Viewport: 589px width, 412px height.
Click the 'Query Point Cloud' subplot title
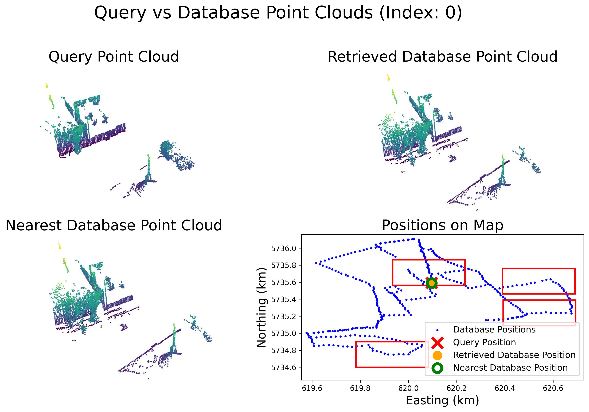pyautogui.click(x=114, y=57)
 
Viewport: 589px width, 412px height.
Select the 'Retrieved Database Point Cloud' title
pyautogui.click(x=443, y=57)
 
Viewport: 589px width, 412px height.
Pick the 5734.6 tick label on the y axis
pyautogui.click(x=283, y=368)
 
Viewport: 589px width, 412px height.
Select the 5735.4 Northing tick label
pyautogui.click(x=283, y=299)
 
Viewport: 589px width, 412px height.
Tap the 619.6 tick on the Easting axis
pyautogui.click(x=312, y=388)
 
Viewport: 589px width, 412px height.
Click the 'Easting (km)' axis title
pyautogui.click(x=443, y=401)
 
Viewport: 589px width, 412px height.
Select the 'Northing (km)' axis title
pyautogui.click(x=262, y=307)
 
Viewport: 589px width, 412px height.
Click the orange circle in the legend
pyautogui.click(x=437, y=355)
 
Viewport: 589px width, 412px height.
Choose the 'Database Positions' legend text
pyautogui.click(x=494, y=330)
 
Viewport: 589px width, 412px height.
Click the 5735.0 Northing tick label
pyautogui.click(x=283, y=334)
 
